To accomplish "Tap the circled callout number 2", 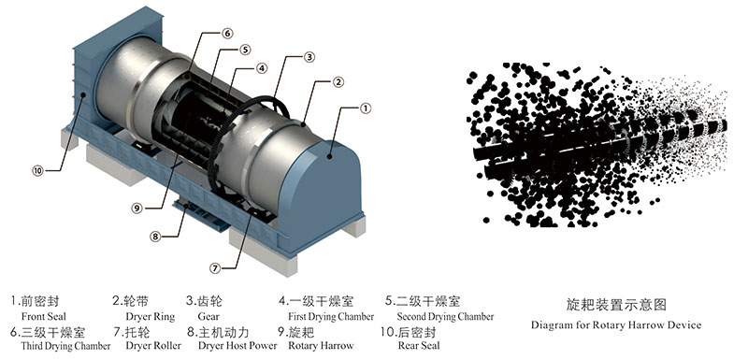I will pyautogui.click(x=338, y=82).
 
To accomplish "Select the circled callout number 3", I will pyautogui.click(x=309, y=57).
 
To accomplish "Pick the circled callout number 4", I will pyautogui.click(x=263, y=67).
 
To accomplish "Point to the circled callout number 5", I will pyautogui.click(x=245, y=50).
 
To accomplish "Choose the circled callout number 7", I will pyautogui.click(x=215, y=267).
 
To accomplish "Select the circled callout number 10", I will pyautogui.click(x=37, y=170).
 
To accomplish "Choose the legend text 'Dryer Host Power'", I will pyautogui.click(x=237, y=346).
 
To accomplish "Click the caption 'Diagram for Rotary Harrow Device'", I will pyautogui.click(x=615, y=325).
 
